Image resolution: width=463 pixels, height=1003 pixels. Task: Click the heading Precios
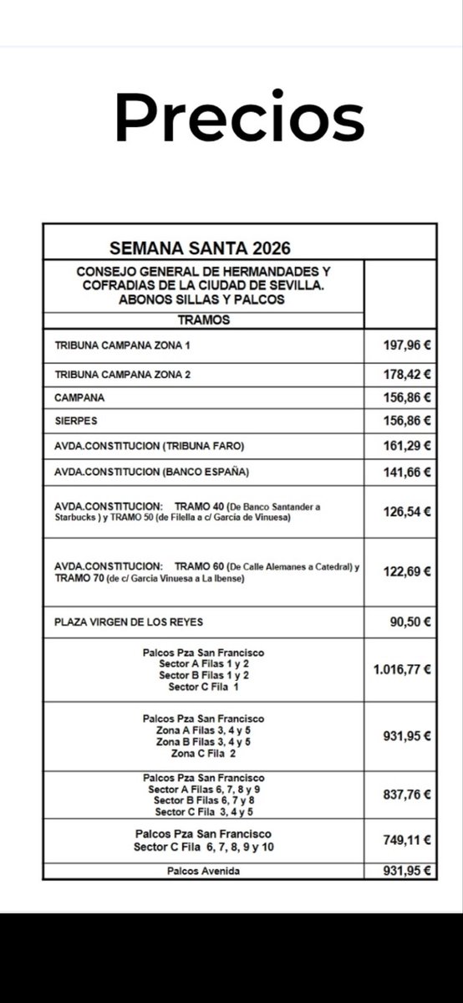(239, 118)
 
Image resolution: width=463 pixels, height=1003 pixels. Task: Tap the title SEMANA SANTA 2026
(200, 248)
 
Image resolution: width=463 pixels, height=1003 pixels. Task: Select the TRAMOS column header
(203, 320)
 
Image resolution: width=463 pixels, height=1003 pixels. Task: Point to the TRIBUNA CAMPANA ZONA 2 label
(123, 375)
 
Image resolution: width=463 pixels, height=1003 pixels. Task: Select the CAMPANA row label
(79, 398)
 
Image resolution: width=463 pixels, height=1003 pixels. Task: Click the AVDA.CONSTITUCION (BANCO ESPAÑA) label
(151, 472)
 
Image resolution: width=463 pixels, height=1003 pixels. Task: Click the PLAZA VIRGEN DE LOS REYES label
(129, 622)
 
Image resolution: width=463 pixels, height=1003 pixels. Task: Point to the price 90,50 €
(410, 622)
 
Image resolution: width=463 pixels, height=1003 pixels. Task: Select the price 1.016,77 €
(402, 669)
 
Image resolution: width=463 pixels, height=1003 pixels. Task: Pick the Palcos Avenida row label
(203, 871)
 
